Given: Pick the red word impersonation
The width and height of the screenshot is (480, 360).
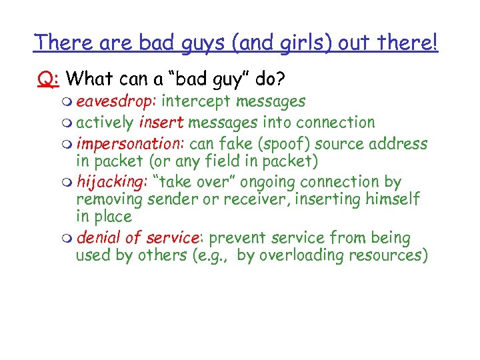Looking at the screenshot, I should [x=130, y=144].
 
